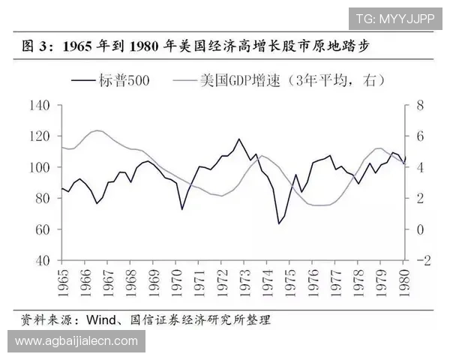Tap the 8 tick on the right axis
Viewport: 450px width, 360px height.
click(x=421, y=105)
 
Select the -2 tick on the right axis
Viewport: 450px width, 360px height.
click(x=424, y=260)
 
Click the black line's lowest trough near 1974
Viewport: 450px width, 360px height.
click(x=279, y=223)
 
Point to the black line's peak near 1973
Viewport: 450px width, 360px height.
click(x=238, y=139)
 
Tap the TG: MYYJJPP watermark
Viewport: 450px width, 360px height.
click(x=394, y=18)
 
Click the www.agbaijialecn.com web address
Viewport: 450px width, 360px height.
click(x=76, y=341)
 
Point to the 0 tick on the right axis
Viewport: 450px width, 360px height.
click(x=420, y=229)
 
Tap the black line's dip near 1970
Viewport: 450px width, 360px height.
click(x=181, y=208)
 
